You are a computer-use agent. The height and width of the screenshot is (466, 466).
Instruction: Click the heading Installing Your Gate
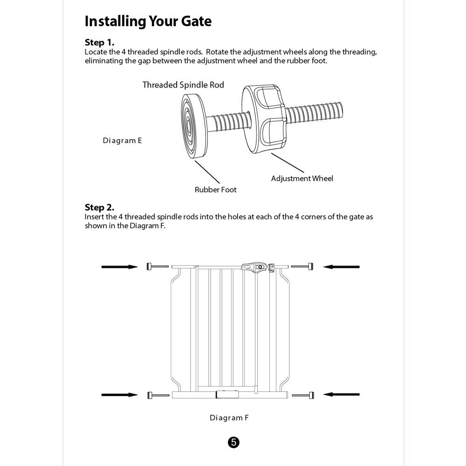(148, 21)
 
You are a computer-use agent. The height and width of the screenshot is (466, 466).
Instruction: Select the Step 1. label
(99, 42)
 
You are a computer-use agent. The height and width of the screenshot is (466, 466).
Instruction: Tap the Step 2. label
(99, 207)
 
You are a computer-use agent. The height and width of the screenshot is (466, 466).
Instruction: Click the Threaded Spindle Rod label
(183, 85)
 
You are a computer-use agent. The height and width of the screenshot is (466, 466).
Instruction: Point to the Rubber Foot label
(215, 190)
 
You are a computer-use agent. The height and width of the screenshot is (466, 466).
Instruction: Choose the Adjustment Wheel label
(302, 178)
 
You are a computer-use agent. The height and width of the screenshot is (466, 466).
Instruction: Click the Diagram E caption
(122, 140)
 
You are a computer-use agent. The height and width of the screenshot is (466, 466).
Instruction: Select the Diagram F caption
(229, 418)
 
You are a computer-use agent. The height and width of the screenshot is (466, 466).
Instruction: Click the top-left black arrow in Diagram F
(120, 267)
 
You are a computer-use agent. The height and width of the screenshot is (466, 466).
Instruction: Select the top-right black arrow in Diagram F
(342, 267)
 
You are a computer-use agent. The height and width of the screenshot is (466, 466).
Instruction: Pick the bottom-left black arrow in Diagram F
(120, 395)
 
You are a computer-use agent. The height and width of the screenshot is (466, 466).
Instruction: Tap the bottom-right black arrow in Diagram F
(342, 395)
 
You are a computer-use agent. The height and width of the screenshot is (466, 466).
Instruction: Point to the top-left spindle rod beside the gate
(157, 267)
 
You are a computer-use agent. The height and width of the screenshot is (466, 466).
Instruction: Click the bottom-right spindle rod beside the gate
(302, 395)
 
